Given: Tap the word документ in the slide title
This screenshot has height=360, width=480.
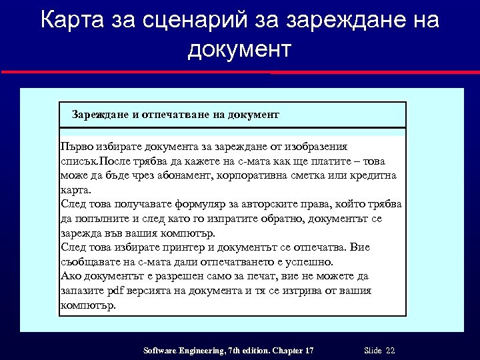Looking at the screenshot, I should [x=240, y=49].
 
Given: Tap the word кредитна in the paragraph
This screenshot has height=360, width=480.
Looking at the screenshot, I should [x=373, y=175].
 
